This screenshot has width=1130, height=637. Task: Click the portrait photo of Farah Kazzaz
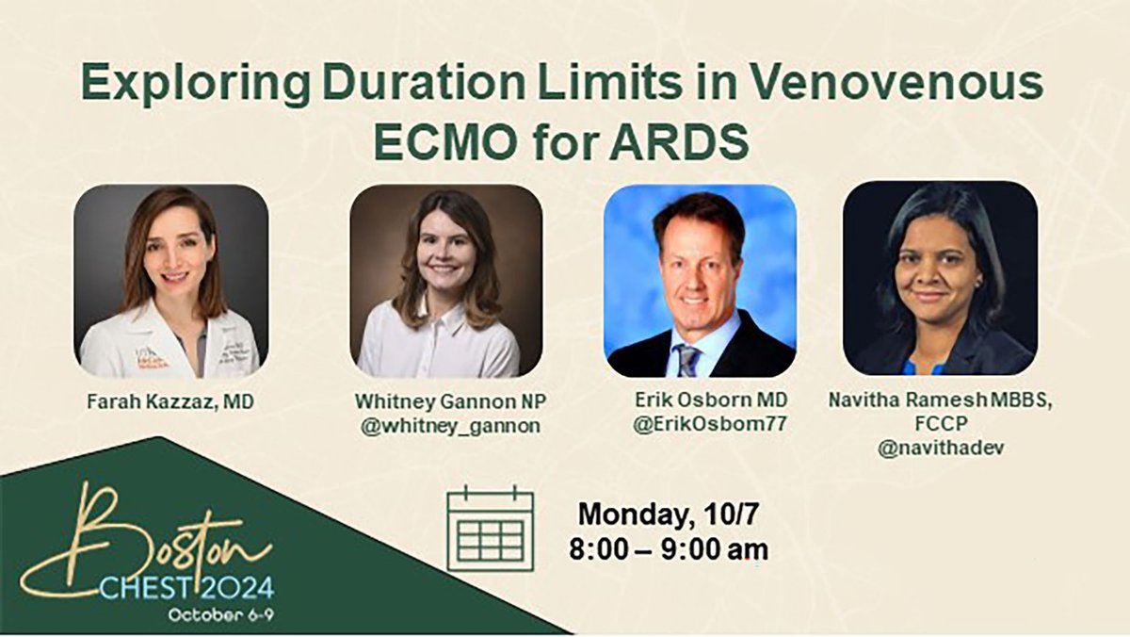click(171, 281)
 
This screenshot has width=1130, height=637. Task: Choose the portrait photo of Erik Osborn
click(701, 281)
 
